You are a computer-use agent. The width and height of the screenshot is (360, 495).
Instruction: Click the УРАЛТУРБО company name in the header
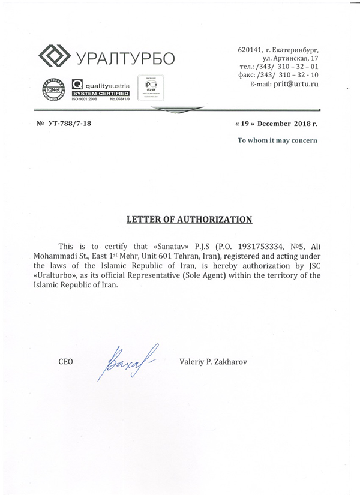125,58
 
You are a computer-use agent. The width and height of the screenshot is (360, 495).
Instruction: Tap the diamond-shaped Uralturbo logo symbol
55,57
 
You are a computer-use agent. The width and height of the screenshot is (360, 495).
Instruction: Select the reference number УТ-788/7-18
70,123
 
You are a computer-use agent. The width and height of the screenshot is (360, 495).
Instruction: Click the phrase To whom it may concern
277,141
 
